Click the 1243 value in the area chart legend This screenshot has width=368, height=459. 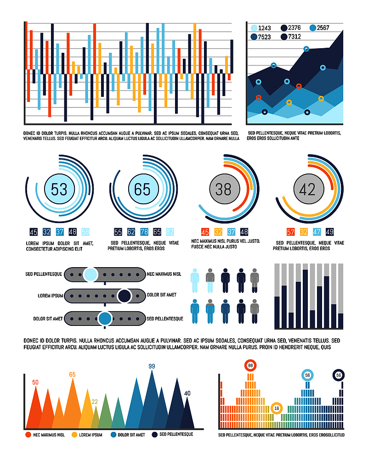[x=264, y=28]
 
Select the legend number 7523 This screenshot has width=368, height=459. [x=264, y=37]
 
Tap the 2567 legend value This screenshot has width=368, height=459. [x=323, y=28]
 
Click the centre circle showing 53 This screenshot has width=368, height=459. [x=59, y=189]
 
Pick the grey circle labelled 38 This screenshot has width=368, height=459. [x=225, y=189]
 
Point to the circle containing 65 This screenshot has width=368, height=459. [x=143, y=189]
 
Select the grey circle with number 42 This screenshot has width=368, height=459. [x=309, y=189]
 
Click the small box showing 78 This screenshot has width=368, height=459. [x=144, y=232]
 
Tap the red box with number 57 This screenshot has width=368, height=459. [x=290, y=232]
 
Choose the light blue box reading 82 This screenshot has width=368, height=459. [x=170, y=232]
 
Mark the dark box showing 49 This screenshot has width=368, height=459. [x=329, y=232]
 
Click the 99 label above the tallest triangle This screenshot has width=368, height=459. [x=152, y=366]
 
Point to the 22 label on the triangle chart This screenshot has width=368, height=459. [x=94, y=402]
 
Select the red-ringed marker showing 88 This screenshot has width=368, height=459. [x=250, y=366]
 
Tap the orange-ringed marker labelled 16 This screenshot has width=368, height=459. [x=277, y=408]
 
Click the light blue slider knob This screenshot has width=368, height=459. [x=91, y=275]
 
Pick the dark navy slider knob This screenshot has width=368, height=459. [x=124, y=296]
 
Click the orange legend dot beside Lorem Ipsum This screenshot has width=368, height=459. [x=74, y=435]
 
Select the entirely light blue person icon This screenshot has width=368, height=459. [x=195, y=280]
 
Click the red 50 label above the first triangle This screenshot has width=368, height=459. [x=35, y=382]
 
